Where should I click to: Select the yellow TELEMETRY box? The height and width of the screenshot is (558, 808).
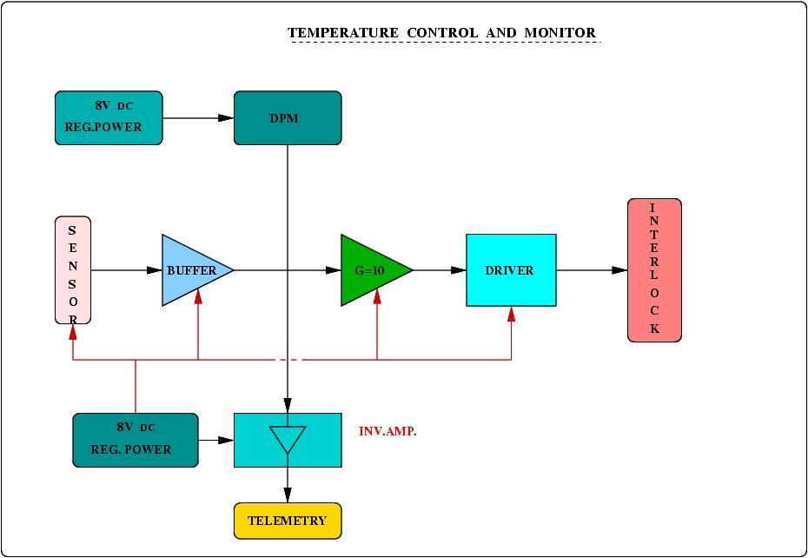288,521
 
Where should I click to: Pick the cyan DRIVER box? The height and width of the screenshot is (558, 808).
511,270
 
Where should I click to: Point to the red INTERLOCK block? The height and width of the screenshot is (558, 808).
654,270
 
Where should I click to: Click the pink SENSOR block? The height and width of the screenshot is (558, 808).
73,270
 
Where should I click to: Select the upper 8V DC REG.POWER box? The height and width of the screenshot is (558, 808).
109,118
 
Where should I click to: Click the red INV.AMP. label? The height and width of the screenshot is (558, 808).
387,431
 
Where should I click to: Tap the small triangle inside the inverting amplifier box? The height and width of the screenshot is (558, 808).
288,438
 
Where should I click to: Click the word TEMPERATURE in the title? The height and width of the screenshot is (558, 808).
343,33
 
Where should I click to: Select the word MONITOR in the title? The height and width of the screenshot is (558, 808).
560,33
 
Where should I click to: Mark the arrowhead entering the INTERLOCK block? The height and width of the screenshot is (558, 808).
619,270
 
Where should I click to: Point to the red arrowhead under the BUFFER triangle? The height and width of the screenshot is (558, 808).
198,296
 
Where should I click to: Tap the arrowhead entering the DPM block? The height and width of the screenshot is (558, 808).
225,118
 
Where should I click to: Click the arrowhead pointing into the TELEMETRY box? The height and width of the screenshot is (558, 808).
288,495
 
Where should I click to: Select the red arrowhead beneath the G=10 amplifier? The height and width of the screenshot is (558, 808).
377,296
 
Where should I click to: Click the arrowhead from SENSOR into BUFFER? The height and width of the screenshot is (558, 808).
154,270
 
